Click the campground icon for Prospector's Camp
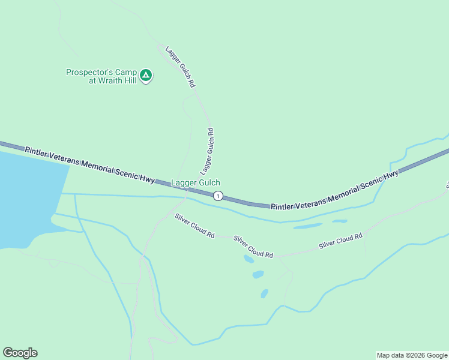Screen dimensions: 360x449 coord(146,76)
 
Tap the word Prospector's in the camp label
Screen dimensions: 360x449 coord(86,73)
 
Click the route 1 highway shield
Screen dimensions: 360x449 coord(218,196)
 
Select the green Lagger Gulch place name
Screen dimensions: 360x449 coord(196,182)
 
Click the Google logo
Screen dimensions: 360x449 coord(20,353)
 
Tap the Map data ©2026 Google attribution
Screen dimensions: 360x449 coord(412,355)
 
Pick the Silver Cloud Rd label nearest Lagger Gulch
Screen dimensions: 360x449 coord(194,226)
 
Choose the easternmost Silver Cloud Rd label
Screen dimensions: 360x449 coord(341,241)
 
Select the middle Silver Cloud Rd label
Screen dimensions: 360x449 coord(253,247)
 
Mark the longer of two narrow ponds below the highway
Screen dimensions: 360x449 coord(307,227)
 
